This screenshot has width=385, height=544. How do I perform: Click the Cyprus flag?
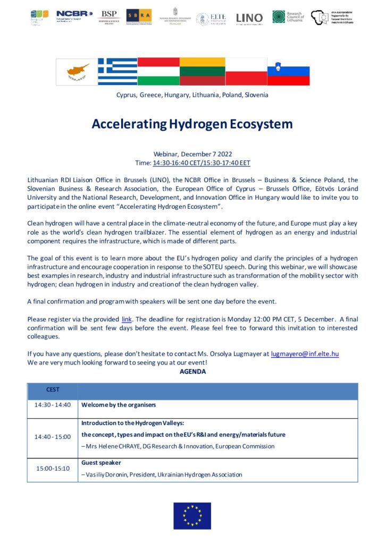point(77,72)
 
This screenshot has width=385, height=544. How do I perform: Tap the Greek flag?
point(118,72)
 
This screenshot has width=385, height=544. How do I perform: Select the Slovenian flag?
point(288,72)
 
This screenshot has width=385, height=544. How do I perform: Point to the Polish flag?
point(246,72)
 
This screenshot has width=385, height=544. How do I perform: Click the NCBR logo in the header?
point(74,14)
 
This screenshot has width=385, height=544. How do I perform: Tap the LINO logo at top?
point(249,18)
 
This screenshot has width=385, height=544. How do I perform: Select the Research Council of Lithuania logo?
point(289,17)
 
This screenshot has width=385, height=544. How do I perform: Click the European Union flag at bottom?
point(192,515)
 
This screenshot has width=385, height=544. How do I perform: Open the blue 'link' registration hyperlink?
point(127,319)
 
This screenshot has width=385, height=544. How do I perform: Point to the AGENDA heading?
point(192,372)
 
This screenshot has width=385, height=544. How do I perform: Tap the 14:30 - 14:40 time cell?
point(53,405)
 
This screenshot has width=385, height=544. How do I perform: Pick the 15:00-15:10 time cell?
point(53,469)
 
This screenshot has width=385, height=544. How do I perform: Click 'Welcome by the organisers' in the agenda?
point(119,405)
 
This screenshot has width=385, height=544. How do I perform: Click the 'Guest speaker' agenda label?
point(101,463)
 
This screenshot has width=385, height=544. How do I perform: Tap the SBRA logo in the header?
point(139,16)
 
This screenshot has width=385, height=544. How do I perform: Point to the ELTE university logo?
point(211,18)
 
